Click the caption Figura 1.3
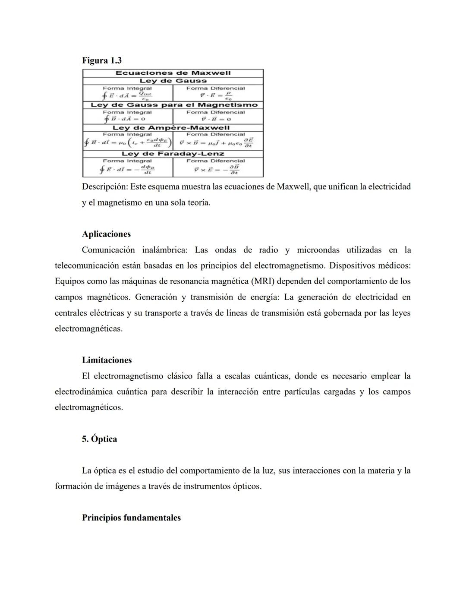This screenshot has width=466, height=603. pos(102,60)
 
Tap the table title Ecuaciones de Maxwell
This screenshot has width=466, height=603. pos(173,73)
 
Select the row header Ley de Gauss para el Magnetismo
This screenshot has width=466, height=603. pos(174,105)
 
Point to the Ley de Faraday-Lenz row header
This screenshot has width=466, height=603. pos(173,154)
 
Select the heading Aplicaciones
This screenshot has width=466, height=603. pos(106,234)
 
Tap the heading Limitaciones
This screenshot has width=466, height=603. pos(107,360)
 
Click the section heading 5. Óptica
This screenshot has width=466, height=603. pos(99,439)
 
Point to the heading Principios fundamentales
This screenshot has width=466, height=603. pos(131,518)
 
